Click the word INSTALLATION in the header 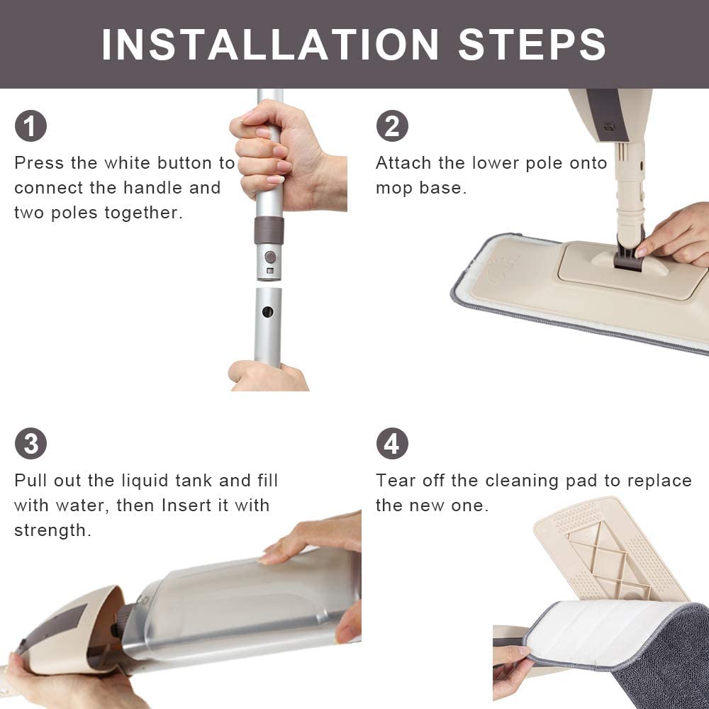tap(270, 44)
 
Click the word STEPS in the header tap(532, 44)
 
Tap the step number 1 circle tap(30, 125)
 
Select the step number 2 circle tap(392, 125)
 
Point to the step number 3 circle tap(30, 443)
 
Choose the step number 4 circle tap(392, 443)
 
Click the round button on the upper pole tap(270, 257)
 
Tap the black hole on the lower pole tap(268, 311)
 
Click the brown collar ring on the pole tap(269, 230)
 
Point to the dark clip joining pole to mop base tap(629, 256)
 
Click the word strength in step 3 tap(52, 530)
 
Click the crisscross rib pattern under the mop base tap(606, 559)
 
